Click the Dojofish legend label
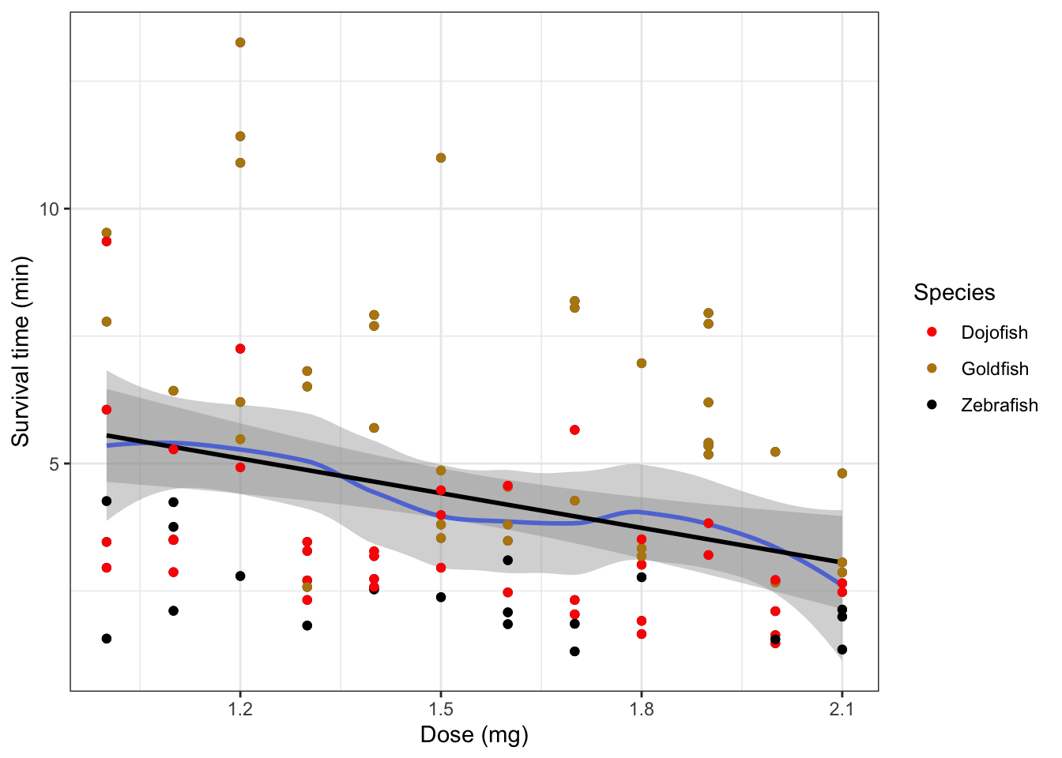pos(994,332)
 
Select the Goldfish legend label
pos(995,369)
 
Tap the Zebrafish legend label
pos(999,405)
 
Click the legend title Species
pos(954,293)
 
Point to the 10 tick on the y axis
pos(50,208)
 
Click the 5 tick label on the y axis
pos(55,463)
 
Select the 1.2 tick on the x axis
pos(240,709)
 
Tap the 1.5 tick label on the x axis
pos(441,709)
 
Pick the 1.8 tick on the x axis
pos(642,709)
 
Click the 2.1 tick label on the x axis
pos(842,709)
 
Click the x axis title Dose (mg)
pos(474,735)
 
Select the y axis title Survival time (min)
pos(21,351)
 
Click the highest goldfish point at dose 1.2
pos(240,43)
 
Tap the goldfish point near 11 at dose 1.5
pos(441,158)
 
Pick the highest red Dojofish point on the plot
pos(107,242)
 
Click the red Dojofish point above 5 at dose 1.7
pos(574,430)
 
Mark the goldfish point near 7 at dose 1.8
pos(642,363)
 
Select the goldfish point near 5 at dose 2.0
pos(775,452)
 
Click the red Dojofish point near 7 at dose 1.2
pos(240,349)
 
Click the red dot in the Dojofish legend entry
pos(932,332)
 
